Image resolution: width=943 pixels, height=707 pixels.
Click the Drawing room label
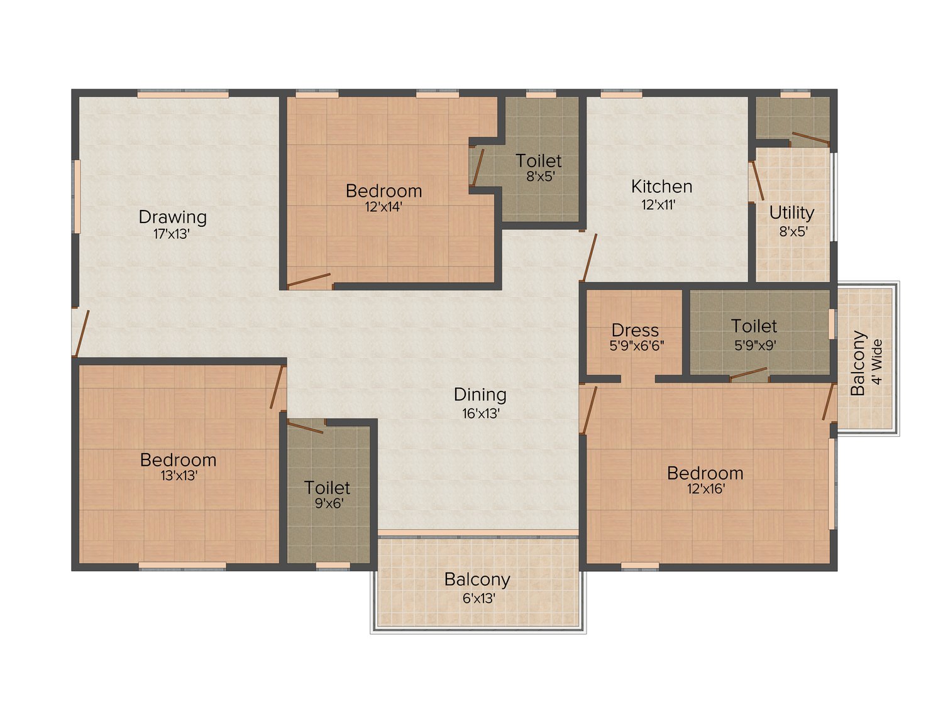pyautogui.click(x=172, y=217)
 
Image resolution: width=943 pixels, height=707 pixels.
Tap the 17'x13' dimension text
pyautogui.click(x=172, y=234)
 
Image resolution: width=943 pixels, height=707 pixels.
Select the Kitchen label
pyautogui.click(x=661, y=187)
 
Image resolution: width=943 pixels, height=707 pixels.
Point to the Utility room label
pyautogui.click(x=791, y=213)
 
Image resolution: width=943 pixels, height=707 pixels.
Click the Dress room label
pyautogui.click(x=635, y=330)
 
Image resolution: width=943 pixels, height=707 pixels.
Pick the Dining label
pyautogui.click(x=480, y=395)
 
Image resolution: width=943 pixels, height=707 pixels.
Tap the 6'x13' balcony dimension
pyautogui.click(x=478, y=598)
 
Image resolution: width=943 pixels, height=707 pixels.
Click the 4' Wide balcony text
pyautogui.click(x=878, y=362)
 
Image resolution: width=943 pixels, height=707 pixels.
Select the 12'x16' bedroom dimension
pyautogui.click(x=705, y=489)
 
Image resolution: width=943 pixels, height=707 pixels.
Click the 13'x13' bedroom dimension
pyautogui.click(x=179, y=476)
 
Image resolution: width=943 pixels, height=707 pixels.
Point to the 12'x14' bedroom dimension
pyautogui.click(x=383, y=207)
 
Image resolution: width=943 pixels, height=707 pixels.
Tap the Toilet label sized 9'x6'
pyautogui.click(x=327, y=488)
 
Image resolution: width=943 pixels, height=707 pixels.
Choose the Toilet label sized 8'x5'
pyautogui.click(x=539, y=161)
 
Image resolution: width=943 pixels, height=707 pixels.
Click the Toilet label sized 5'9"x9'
pyautogui.click(x=754, y=326)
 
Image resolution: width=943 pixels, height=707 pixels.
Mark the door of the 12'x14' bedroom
pyautogui.click(x=309, y=280)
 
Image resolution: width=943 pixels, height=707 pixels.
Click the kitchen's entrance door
pyautogui.click(x=589, y=258)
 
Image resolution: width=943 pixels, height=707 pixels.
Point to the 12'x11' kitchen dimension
pyautogui.click(x=658, y=204)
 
